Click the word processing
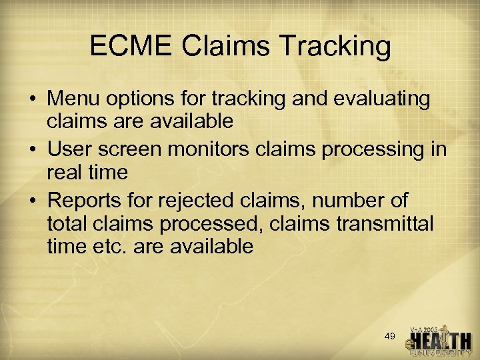[x=375, y=148]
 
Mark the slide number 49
[x=391, y=336]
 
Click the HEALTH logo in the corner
[x=439, y=341]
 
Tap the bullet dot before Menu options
[x=32, y=99]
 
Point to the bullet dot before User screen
[x=32, y=149]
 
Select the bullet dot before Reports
[x=32, y=199]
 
